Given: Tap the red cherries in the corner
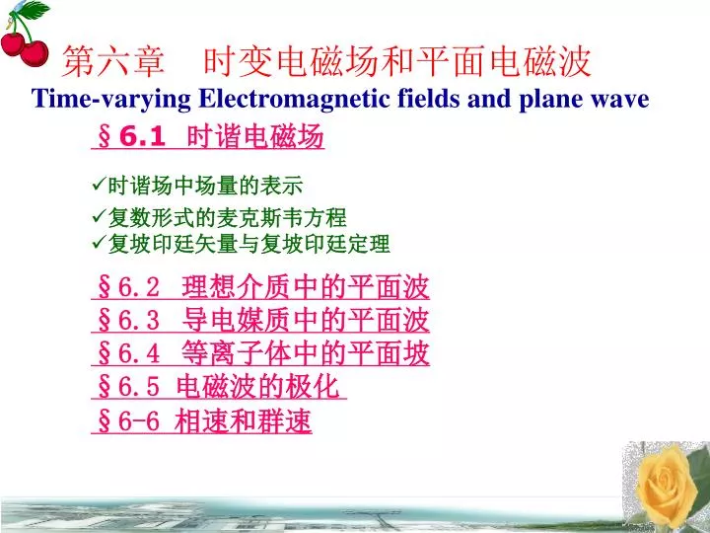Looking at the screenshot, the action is pyautogui.click(x=25, y=50).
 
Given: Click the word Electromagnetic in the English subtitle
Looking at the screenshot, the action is pyautogui.click(x=294, y=100).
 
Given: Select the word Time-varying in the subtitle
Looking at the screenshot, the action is pyautogui.click(x=110, y=100).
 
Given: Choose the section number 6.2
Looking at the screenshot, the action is pyautogui.click(x=139, y=287).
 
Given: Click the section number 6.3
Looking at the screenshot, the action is pyautogui.click(x=139, y=320).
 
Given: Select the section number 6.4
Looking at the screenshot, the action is pyautogui.click(x=139, y=353).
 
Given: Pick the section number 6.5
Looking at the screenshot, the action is pyautogui.click(x=139, y=387).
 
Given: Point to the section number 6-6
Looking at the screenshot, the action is pyautogui.click(x=139, y=421).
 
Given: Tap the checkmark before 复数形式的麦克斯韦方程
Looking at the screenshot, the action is pyautogui.click(x=99, y=216).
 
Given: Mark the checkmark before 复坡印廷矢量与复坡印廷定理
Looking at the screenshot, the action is pyautogui.click(x=99, y=243).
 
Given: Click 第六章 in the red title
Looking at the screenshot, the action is pyautogui.click(x=112, y=61).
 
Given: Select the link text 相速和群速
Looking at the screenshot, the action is pyautogui.click(x=243, y=421).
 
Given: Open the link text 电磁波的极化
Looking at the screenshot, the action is pyautogui.click(x=257, y=387).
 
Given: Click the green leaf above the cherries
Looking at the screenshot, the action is pyautogui.click(x=33, y=10).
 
